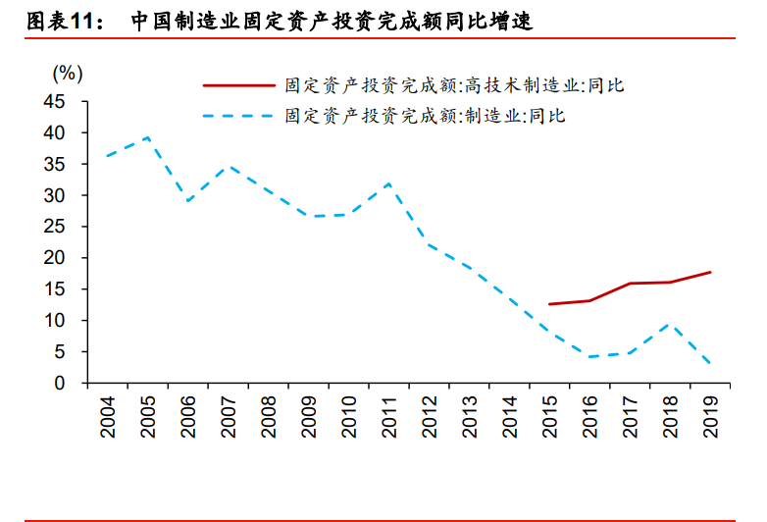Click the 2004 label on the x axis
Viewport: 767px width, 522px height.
tap(107, 414)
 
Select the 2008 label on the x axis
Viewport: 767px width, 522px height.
tap(268, 414)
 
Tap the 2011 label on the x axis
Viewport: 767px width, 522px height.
tap(388, 414)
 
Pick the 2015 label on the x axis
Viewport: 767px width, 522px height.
tap(549, 414)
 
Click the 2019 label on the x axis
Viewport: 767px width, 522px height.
tap(710, 414)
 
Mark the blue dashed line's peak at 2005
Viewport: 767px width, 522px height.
tap(147, 137)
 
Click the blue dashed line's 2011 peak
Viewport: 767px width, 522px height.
tap(388, 183)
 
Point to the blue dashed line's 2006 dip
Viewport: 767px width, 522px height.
tap(187, 201)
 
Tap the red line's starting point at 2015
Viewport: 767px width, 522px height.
tap(549, 304)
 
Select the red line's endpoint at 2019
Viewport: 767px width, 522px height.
tap(710, 272)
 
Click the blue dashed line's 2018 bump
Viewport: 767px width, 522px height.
tap(670, 323)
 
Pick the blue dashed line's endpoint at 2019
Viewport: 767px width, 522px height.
tap(710, 365)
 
